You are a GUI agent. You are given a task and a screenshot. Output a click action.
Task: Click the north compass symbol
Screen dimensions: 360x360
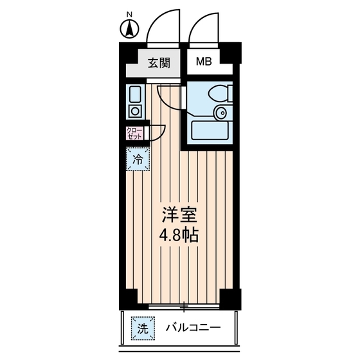click(x=129, y=28)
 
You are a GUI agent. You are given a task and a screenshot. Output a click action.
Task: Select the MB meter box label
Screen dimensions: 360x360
click(x=204, y=62)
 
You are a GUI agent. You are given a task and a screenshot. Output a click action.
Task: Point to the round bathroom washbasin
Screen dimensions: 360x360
click(x=221, y=114)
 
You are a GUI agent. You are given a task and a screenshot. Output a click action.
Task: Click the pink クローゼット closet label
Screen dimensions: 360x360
click(x=134, y=133)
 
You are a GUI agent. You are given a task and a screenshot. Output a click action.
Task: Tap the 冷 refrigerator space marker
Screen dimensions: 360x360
click(x=138, y=159)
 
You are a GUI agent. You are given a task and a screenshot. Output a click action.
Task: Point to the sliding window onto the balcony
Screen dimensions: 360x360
click(x=183, y=306)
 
